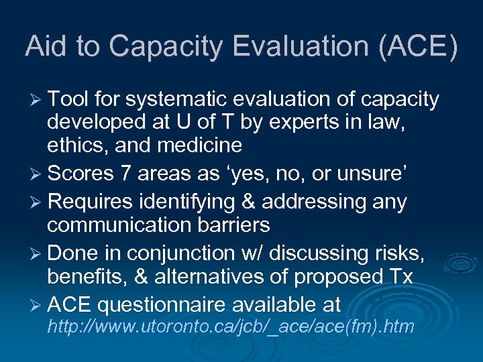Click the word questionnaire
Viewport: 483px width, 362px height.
(x=161, y=305)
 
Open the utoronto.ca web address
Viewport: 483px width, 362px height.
(x=230, y=327)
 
